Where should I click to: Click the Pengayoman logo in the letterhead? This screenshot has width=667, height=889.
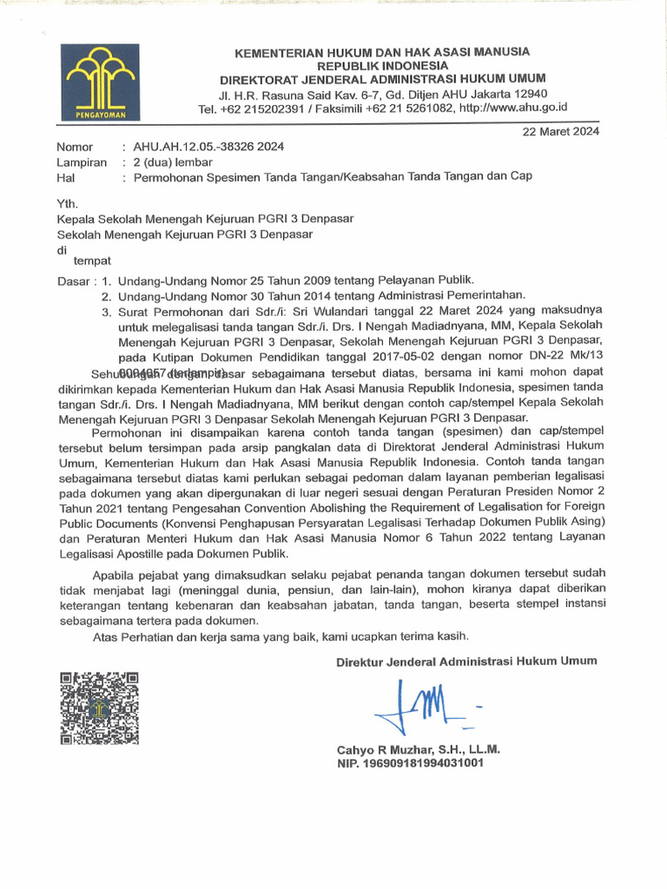pyautogui.click(x=98, y=82)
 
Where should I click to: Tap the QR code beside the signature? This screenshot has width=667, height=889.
pyautogui.click(x=98, y=708)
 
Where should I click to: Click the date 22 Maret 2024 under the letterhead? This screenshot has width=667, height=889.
pyautogui.click(x=560, y=131)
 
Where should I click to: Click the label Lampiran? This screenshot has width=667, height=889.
pyautogui.click(x=82, y=161)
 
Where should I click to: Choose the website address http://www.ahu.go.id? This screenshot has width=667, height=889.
pyautogui.click(x=512, y=109)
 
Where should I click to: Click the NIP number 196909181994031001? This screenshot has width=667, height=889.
pyautogui.click(x=425, y=763)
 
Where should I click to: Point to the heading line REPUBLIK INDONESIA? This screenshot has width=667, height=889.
pyautogui.click(x=382, y=66)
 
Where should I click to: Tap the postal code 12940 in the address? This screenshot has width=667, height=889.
pyautogui.click(x=530, y=94)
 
